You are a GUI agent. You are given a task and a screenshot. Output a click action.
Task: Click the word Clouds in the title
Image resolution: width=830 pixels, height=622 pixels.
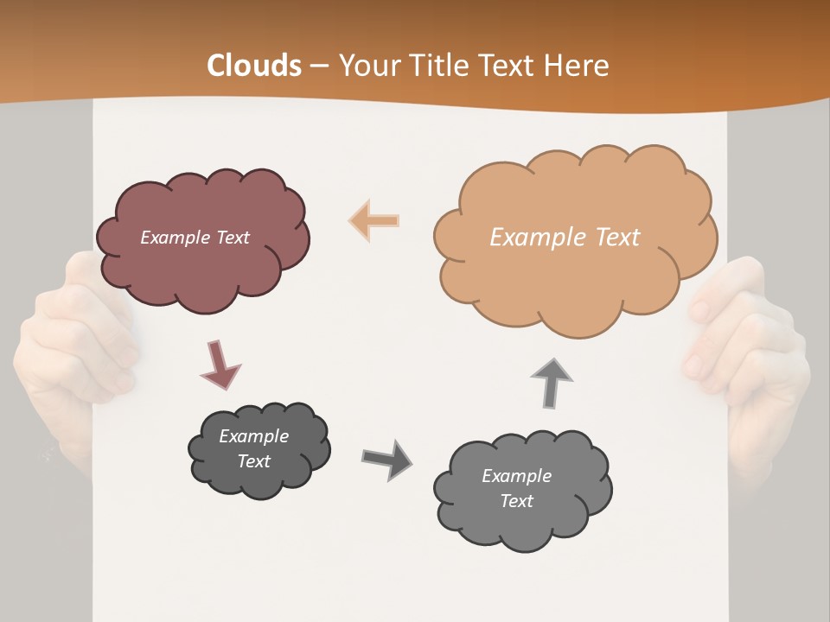click(x=254, y=66)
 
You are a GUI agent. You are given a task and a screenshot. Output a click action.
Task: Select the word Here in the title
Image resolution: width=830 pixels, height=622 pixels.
click(x=580, y=66)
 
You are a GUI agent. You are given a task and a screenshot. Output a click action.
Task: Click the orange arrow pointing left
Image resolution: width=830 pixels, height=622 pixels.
click(x=374, y=220)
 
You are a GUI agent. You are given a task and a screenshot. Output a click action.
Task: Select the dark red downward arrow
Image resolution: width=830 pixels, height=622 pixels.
click(x=220, y=365)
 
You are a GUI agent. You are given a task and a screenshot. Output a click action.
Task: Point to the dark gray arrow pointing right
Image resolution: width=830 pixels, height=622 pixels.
click(x=387, y=459)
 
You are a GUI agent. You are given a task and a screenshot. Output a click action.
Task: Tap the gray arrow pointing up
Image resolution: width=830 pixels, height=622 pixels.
click(x=552, y=383)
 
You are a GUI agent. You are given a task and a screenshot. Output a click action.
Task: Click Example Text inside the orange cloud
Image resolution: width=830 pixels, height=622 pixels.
click(x=565, y=238)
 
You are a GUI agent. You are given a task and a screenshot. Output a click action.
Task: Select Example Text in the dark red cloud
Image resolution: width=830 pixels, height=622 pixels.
click(x=195, y=238)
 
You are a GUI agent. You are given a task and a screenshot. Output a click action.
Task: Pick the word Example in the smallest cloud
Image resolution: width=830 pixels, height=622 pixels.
click(x=253, y=436)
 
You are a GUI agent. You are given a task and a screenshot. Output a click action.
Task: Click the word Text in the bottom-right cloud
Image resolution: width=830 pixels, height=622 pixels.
click(x=516, y=501)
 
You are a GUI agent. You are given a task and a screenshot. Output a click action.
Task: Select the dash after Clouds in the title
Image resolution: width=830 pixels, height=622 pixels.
click(x=318, y=66)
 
